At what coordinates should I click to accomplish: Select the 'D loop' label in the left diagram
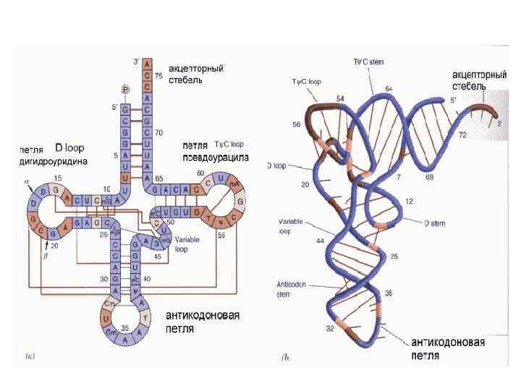70,148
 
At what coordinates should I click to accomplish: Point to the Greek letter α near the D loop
27,183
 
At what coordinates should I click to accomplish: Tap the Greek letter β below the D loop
44,255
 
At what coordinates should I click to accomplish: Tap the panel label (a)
30,356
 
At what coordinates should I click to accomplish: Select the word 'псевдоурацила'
216,156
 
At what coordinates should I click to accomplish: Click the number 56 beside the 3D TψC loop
296,125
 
